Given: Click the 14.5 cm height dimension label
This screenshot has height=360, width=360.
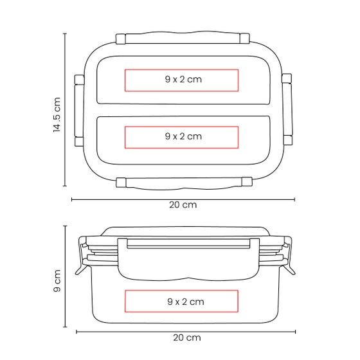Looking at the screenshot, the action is tap(57, 114).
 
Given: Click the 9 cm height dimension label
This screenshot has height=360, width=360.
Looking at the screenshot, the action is tap(57, 281).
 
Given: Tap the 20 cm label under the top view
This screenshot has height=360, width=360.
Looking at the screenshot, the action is tap(183, 205).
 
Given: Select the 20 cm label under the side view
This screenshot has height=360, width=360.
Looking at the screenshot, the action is tap(187, 337).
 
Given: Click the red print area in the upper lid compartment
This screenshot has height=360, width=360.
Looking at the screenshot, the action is tap(181, 80).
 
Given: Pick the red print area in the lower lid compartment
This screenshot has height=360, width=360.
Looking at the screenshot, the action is tap(181, 138).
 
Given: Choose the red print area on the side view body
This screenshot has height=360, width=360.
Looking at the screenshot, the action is tap(181, 301).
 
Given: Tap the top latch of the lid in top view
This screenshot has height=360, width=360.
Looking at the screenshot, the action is tap(183, 38).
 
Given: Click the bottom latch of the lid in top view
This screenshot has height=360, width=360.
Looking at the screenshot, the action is tap(184, 183).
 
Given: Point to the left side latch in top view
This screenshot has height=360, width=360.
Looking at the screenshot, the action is tap(79, 111).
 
